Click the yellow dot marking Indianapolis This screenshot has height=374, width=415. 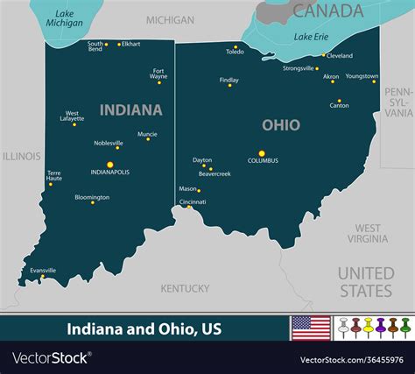coord(110,164)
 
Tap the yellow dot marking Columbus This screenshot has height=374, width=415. coord(262,153)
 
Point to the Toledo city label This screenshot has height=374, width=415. coord(235,52)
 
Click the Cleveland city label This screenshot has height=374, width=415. coord(340,56)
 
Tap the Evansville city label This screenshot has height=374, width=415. coord(43,271)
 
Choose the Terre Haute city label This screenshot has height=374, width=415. coord(54,175)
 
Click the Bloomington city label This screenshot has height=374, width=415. coord(92,197)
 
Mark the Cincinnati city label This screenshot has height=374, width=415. coord(193,201)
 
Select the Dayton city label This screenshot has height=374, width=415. coord(202,160)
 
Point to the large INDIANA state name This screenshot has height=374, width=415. coord(130,110)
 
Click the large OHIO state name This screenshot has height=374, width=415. coord(280,125)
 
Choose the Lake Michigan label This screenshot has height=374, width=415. coord(64,18)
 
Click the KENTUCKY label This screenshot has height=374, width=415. coord(185,288)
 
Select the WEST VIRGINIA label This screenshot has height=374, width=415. coord(367,233)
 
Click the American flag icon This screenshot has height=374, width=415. coord(310,328)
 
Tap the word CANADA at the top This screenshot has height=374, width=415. coord(327,11)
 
